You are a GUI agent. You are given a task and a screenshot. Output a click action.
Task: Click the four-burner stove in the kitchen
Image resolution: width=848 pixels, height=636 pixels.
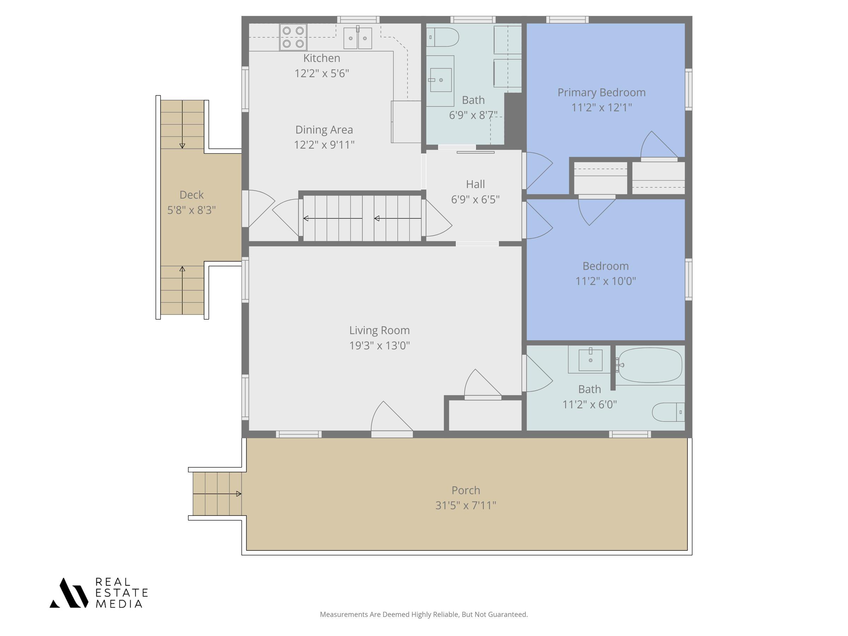coord(293,37)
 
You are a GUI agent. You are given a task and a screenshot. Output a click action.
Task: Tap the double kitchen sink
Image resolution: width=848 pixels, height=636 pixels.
coord(358,38)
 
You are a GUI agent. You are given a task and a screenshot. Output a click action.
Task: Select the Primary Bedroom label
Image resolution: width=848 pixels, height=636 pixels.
coord(601,92)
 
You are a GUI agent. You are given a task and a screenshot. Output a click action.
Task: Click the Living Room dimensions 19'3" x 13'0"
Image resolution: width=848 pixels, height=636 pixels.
coord(379,346)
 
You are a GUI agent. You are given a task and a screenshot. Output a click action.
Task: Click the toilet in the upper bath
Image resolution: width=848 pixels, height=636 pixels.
coord(442,37)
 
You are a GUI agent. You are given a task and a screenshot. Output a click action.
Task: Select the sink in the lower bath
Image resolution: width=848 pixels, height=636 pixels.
coord(590,360)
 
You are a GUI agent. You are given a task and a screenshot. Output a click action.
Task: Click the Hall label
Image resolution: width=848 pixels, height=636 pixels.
coord(475,184)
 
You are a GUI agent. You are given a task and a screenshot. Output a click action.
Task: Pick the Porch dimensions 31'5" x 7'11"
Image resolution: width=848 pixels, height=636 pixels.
coord(466,505)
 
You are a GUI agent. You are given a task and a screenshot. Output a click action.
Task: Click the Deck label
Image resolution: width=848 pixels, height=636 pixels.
coord(192,195)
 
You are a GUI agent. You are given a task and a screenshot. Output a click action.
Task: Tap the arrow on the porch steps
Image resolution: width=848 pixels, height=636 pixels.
coord(217,494)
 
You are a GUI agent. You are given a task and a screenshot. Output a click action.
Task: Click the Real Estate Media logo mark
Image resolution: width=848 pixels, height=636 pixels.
coord(69,593)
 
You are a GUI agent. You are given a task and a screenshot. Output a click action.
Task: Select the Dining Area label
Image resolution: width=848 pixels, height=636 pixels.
coord(324,130)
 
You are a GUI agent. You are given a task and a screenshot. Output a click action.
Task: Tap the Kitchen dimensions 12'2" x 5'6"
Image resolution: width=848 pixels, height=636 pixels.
coord(322,73)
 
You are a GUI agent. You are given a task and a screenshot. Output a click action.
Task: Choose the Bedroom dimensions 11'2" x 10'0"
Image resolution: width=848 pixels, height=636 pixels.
coord(606,281)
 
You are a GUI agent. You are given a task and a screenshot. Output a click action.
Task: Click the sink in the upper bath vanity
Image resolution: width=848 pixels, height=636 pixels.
coord(441,80)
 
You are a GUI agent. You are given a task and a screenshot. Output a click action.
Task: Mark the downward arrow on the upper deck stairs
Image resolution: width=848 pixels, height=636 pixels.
coord(182,124)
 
